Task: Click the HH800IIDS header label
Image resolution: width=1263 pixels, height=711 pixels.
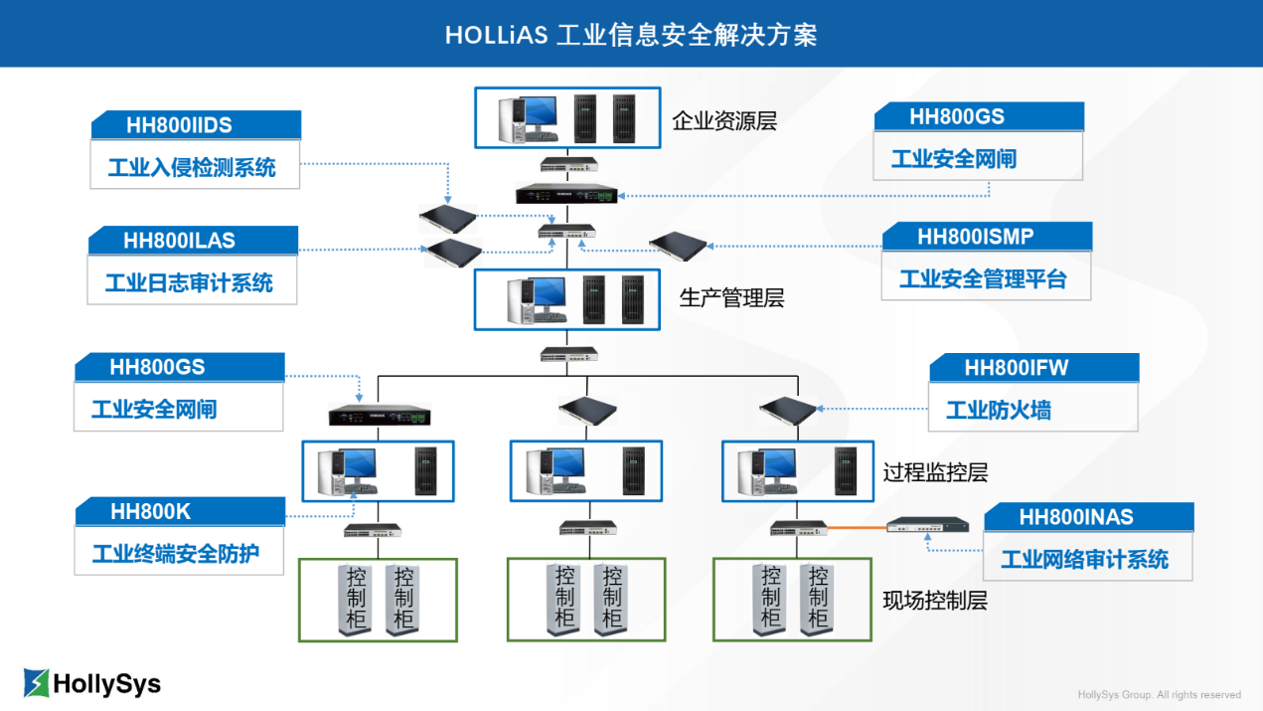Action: [x=179, y=125]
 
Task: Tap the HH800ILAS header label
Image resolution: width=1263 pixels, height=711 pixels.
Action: [x=179, y=241]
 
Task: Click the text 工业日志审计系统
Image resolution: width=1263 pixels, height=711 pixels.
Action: [x=189, y=283]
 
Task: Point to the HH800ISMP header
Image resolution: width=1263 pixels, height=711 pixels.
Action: [x=975, y=237]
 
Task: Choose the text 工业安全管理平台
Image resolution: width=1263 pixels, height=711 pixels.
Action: [x=983, y=279]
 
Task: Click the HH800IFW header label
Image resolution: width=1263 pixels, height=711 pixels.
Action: [x=1016, y=368]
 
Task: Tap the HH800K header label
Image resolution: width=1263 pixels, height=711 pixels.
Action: [x=150, y=512]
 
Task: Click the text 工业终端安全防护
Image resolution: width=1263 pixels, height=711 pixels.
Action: [x=176, y=554]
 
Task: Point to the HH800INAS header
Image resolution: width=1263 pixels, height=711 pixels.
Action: [x=1075, y=517]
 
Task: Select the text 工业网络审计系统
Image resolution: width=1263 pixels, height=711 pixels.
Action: [x=1084, y=559]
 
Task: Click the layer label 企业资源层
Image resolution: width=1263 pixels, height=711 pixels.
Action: [x=724, y=122]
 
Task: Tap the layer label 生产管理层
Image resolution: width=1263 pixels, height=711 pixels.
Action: [x=732, y=298]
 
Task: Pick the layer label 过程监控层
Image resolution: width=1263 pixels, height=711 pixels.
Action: [x=935, y=473]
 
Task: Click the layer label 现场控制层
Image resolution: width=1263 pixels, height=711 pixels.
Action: [x=935, y=601]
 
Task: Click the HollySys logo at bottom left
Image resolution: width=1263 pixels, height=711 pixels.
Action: [x=91, y=683]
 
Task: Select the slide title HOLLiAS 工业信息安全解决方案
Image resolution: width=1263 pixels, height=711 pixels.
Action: [x=631, y=35]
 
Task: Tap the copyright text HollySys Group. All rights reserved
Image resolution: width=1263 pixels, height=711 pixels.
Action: [x=1159, y=695]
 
